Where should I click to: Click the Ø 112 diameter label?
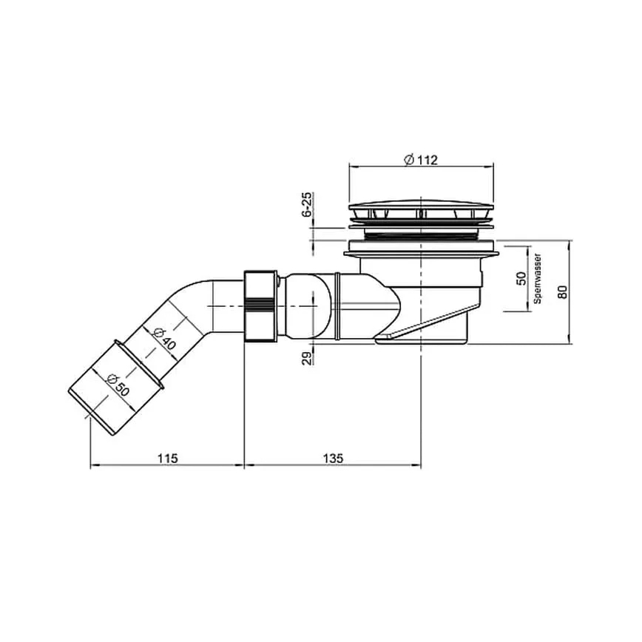point(421,160)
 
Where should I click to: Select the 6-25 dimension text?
point(307,204)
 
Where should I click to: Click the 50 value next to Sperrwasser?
point(521,278)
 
